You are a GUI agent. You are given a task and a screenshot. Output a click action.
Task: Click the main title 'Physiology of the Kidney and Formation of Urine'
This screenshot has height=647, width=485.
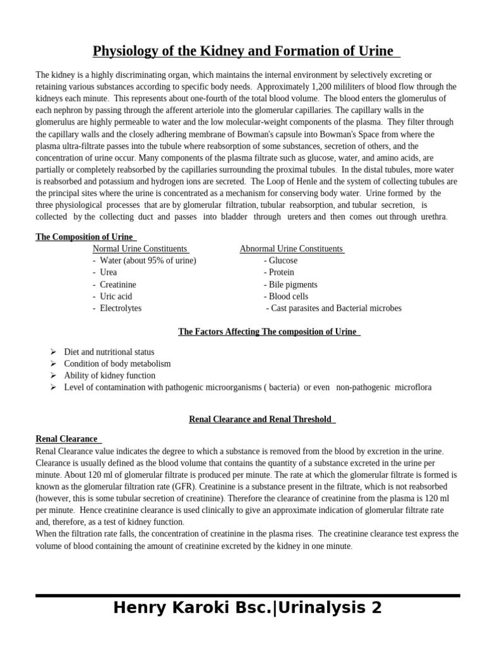click(243, 51)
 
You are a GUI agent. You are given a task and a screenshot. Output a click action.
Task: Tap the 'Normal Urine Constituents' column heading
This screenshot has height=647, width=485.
click(140, 249)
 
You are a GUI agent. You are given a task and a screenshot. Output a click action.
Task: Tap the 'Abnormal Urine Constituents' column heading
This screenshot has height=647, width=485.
click(291, 249)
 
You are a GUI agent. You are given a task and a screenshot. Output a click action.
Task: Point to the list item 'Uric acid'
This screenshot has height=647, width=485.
click(116, 296)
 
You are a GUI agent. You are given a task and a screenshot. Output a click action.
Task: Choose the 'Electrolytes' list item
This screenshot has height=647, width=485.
click(120, 308)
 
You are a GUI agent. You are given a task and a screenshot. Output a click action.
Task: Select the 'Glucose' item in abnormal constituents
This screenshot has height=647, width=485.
click(283, 260)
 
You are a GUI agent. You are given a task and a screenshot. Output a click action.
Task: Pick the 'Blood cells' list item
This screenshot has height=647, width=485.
click(289, 296)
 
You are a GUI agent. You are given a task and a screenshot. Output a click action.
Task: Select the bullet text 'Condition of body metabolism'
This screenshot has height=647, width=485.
click(117, 364)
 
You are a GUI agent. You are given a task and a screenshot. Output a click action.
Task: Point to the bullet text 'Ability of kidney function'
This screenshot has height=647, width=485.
click(109, 375)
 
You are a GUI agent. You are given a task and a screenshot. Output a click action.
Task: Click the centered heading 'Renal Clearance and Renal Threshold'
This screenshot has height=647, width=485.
click(260, 420)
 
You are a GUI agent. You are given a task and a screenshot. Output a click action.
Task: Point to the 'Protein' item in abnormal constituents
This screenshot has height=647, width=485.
click(281, 272)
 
